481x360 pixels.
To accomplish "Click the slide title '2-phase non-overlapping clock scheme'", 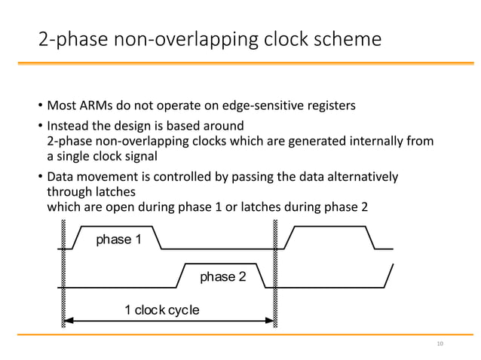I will pos(210,38).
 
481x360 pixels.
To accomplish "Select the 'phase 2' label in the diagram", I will pos(222,277).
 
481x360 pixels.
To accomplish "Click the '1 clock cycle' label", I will pos(161,310).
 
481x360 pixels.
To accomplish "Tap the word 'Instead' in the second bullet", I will pos(68,125).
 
